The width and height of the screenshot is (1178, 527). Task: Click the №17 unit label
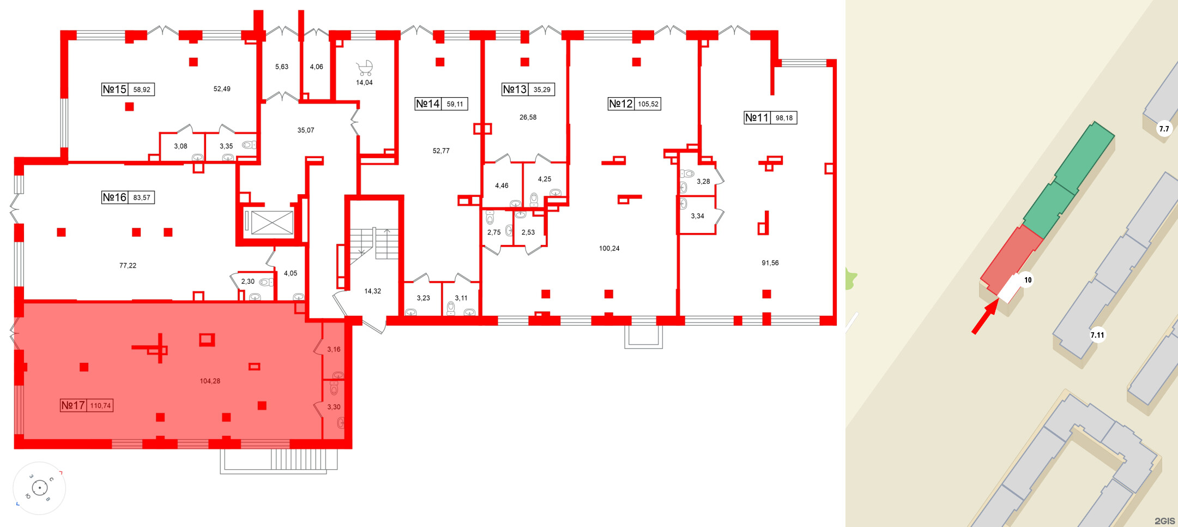(73, 405)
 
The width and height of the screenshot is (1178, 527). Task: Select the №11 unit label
(757, 118)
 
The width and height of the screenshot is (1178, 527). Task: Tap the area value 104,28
(210, 381)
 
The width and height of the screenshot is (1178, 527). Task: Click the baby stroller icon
(364, 68)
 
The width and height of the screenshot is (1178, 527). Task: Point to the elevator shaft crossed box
(272, 223)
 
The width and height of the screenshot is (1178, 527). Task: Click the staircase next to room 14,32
(374, 243)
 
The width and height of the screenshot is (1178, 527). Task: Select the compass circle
(39, 488)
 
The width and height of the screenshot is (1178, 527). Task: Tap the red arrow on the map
(985, 319)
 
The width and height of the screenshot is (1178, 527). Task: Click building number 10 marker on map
(1028, 280)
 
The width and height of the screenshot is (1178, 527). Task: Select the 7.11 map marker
(1097, 335)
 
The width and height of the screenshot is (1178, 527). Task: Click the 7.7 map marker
(1164, 129)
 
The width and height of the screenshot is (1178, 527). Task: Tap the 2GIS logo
(1164, 521)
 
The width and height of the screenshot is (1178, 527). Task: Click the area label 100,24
(609, 248)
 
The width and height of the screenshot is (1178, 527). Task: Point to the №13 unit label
(515, 89)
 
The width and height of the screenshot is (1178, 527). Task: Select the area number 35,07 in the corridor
(305, 130)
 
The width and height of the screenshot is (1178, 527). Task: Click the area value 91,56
(770, 263)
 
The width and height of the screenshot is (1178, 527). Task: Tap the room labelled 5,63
(281, 67)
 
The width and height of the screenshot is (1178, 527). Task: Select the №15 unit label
(114, 89)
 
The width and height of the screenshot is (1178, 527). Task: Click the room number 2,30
(247, 282)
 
